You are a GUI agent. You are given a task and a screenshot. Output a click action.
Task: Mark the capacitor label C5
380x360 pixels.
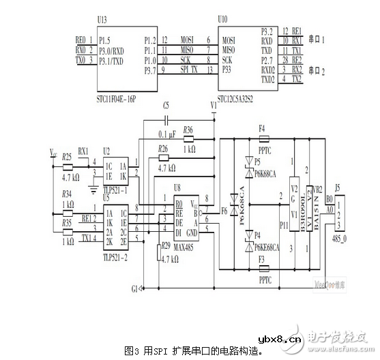(166, 106)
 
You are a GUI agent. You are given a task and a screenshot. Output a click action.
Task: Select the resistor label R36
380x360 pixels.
(188, 129)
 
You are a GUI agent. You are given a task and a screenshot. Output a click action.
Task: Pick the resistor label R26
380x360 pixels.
(162, 148)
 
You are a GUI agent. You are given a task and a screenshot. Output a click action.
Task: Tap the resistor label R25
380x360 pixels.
(67, 156)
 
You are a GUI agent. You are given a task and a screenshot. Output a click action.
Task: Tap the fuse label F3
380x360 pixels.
(262, 259)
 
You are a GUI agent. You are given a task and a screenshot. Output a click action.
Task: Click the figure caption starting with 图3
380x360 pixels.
(194, 350)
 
